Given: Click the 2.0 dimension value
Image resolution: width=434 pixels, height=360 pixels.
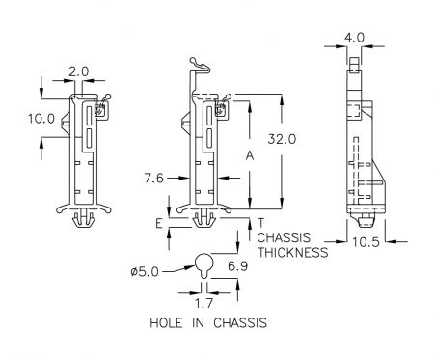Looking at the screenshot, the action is pyautogui.click(x=78, y=71).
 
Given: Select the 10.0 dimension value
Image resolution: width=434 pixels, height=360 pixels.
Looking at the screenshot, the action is pyautogui.click(x=41, y=119).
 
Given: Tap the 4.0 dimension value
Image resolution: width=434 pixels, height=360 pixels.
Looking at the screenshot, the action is pyautogui.click(x=354, y=38).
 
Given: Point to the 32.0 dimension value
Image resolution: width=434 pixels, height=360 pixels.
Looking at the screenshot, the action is pyautogui.click(x=282, y=139).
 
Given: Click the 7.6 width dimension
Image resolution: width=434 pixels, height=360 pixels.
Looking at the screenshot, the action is pyautogui.click(x=154, y=178).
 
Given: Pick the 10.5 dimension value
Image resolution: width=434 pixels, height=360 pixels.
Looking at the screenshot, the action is pyautogui.click(x=366, y=242).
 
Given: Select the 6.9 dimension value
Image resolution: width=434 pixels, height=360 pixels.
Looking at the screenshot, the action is pyautogui.click(x=237, y=266).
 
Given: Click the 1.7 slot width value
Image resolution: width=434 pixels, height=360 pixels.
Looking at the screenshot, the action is pyautogui.click(x=204, y=303).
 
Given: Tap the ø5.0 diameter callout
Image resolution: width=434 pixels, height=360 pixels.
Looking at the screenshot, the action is pyautogui.click(x=145, y=272).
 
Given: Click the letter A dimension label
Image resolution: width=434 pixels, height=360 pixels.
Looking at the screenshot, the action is pyautogui.click(x=250, y=155).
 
